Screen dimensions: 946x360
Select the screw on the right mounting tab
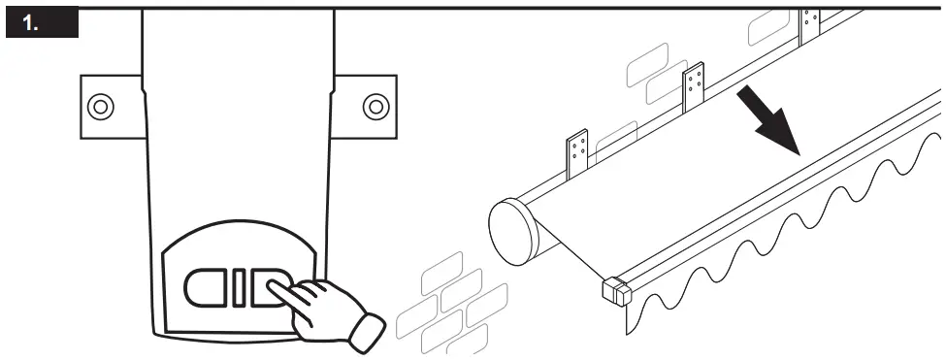[x=375, y=105]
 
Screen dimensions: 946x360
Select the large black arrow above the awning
[x=771, y=119]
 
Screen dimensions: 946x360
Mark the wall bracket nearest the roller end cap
[x=579, y=152]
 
